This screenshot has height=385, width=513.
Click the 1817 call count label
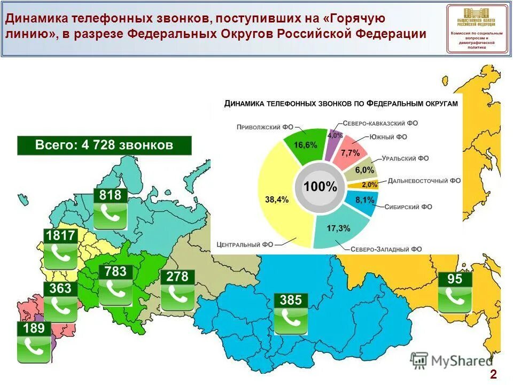(61, 236)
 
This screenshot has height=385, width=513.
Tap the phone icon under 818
(110, 215)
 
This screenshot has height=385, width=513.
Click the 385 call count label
(291, 300)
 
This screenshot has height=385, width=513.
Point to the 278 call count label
(177, 276)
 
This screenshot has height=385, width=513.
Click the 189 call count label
(34, 328)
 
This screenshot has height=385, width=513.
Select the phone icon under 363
(60, 308)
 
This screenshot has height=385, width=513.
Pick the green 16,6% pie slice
(305, 145)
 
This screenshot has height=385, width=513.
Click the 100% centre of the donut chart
(320, 187)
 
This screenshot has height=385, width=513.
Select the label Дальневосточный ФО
(424, 181)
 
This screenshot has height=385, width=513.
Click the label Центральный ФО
(245, 244)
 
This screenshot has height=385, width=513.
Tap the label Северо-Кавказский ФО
(380, 123)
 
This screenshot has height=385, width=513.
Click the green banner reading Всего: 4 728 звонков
(104, 145)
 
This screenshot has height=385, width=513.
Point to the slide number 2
(493, 374)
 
